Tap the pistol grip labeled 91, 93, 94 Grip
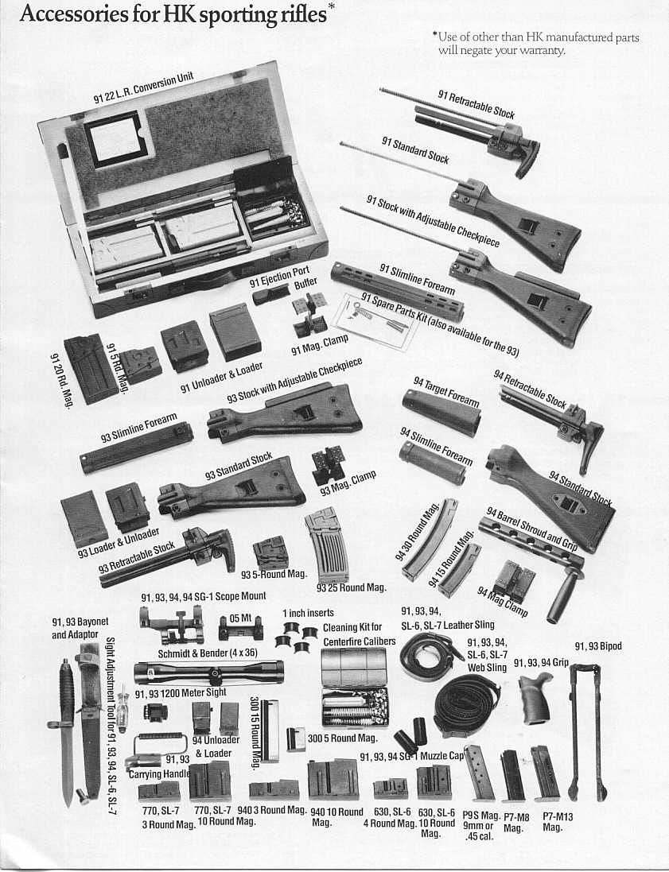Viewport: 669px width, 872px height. click(x=535, y=697)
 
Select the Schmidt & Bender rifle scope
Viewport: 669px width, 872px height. click(x=208, y=672)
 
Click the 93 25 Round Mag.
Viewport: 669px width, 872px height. click(x=328, y=545)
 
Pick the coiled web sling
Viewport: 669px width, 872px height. click(x=468, y=702)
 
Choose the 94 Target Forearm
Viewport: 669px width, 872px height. click(x=441, y=412)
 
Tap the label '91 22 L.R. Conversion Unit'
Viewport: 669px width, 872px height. click(x=143, y=88)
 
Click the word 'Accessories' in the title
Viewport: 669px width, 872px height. click(x=73, y=14)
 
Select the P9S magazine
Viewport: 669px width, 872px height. click(x=480, y=773)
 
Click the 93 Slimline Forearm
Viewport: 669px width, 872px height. click(x=137, y=448)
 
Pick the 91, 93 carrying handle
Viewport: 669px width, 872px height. click(x=158, y=751)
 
